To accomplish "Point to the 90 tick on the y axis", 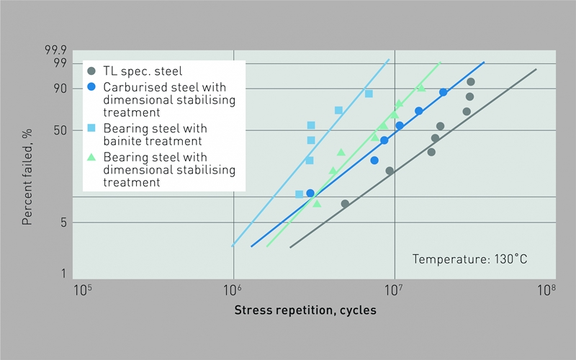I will [60, 89].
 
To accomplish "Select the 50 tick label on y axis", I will [60, 130].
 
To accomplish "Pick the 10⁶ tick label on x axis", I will [232, 290].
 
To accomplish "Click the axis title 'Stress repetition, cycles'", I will [305, 310].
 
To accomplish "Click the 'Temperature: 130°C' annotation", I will [470, 258].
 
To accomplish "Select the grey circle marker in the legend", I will [91, 71].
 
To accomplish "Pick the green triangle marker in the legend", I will [91, 156].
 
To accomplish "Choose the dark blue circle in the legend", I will [91, 86].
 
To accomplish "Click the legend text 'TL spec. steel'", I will [143, 71].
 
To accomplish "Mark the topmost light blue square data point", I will [369, 94].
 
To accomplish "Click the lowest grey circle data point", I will [345, 204].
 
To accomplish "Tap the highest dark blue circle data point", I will [444, 92].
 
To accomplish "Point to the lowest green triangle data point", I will [317, 204].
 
